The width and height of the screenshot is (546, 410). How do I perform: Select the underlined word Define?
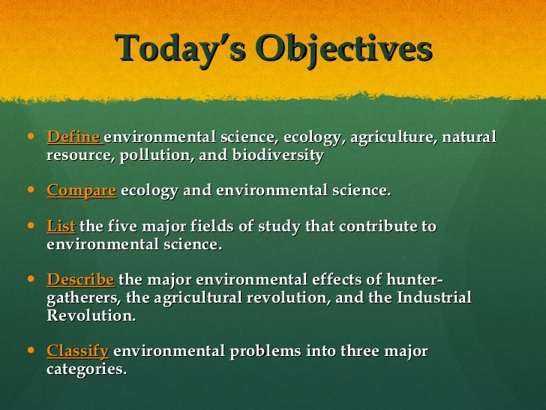[x=73, y=137]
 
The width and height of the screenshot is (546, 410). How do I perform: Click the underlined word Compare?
[x=81, y=191]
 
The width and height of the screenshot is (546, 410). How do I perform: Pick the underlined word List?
[x=61, y=226]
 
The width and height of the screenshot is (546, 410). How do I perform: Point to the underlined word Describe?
[x=80, y=280]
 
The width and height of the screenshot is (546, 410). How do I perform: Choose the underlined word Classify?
[x=78, y=351]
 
